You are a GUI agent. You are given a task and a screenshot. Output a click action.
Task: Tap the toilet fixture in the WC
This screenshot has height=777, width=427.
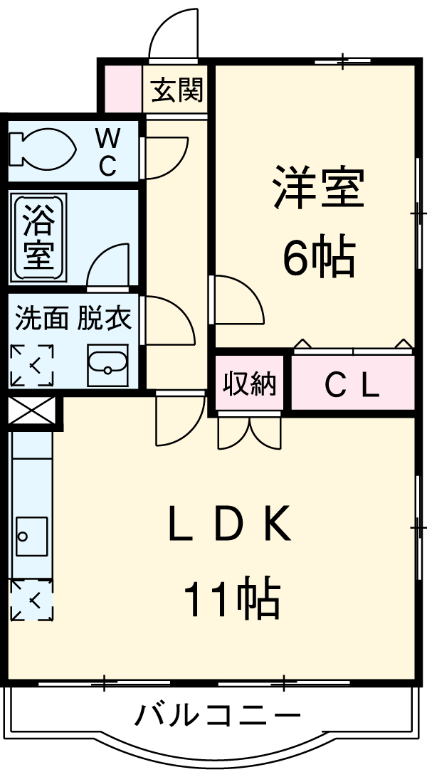point(43,149)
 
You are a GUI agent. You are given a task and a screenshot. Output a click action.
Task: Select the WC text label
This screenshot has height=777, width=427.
point(108,151)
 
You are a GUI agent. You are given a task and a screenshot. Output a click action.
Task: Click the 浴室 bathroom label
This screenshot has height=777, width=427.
point(40,237)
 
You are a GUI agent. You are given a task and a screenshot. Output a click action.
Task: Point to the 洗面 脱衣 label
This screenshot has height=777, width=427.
point(74,319)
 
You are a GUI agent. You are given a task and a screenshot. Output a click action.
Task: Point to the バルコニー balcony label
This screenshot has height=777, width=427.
point(218,714)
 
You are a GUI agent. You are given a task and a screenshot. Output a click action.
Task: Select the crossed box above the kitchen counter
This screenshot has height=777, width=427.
point(31,412)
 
